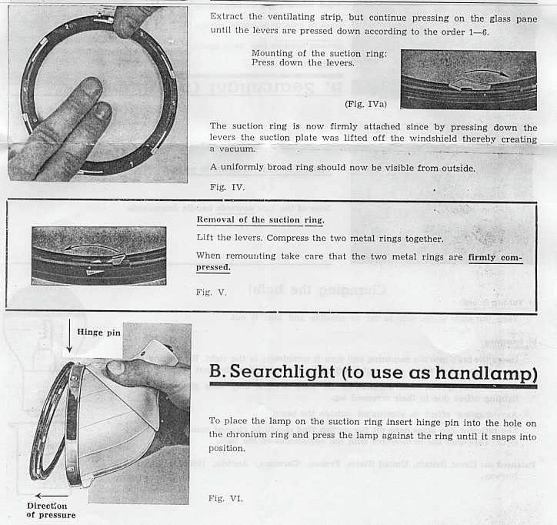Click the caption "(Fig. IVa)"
pos(365,102)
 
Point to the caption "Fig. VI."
pos(225,498)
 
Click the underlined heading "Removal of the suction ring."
pos(261,220)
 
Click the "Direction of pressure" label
pos(51,510)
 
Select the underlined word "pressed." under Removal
pos(213,267)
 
